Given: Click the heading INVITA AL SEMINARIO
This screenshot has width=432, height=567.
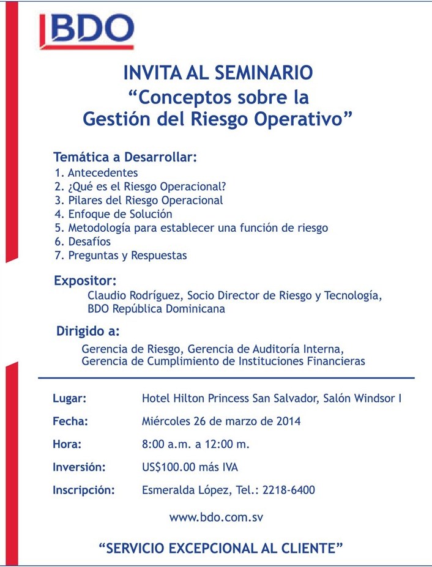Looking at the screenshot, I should pyautogui.click(x=218, y=73).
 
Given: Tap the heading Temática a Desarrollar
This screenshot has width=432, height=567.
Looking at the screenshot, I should pyautogui.click(x=125, y=157).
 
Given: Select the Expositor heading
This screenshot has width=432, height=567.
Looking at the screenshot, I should pyautogui.click(x=85, y=281).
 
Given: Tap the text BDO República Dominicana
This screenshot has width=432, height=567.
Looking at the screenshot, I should pyautogui.click(x=156, y=309).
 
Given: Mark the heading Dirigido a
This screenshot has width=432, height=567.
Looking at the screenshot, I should pyautogui.click(x=88, y=333).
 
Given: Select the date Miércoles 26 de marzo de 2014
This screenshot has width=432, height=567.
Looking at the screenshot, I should pyautogui.click(x=221, y=421).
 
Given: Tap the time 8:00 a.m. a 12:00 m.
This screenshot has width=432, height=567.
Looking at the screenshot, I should pyautogui.click(x=195, y=444).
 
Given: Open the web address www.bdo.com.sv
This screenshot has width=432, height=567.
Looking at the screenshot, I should pyautogui.click(x=216, y=517).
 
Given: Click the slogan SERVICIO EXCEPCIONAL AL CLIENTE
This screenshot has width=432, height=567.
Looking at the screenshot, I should pyautogui.click(x=220, y=547).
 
